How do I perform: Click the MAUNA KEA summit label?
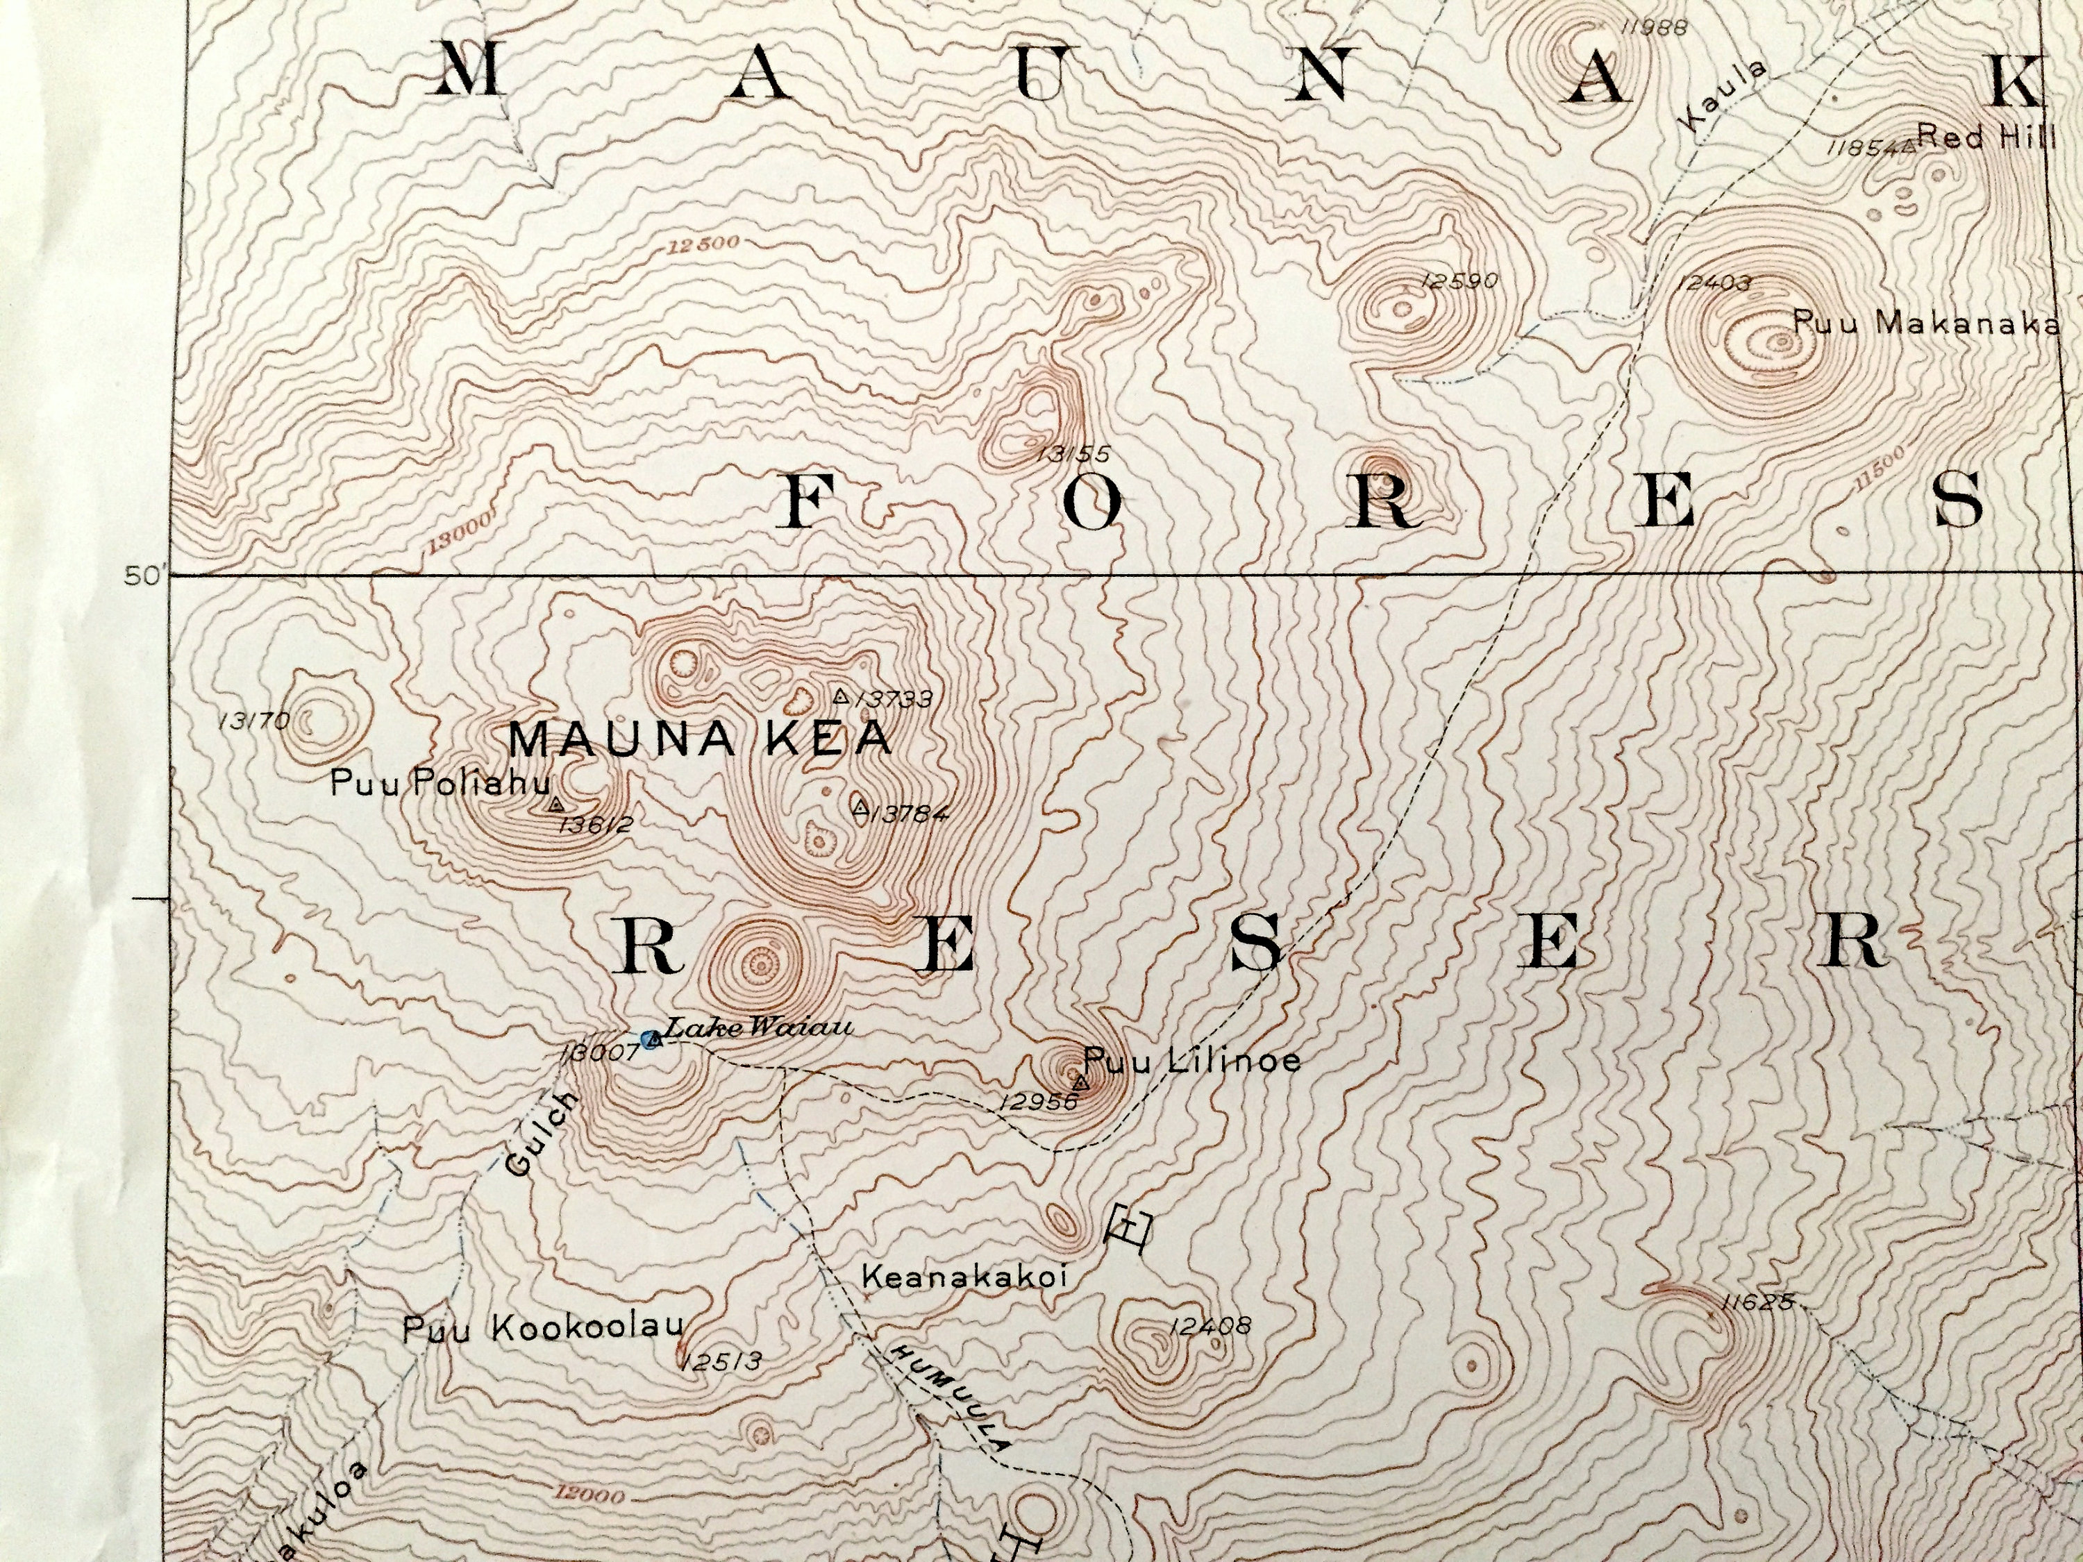[700, 739]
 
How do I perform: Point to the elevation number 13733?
[896, 698]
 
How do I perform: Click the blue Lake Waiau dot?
[649, 1039]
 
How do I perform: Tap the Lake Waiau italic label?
[759, 1028]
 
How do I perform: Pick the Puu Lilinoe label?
[1192, 1061]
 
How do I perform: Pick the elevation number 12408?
[1210, 1327]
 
